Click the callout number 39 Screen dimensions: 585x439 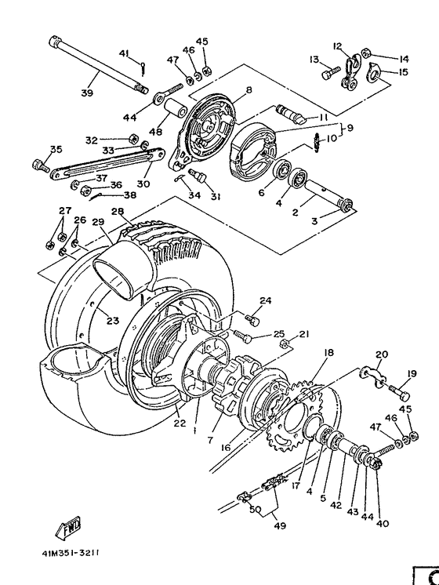click(86, 93)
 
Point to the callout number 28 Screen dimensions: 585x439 click(118, 212)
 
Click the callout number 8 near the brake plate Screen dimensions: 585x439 click(249, 90)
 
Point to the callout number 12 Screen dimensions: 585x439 click(338, 45)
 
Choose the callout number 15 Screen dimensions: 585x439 click(404, 72)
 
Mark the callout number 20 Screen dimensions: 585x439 click(382, 354)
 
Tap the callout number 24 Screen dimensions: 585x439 click(266, 300)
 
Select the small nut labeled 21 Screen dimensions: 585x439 click(288, 343)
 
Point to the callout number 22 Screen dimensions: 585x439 click(180, 423)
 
